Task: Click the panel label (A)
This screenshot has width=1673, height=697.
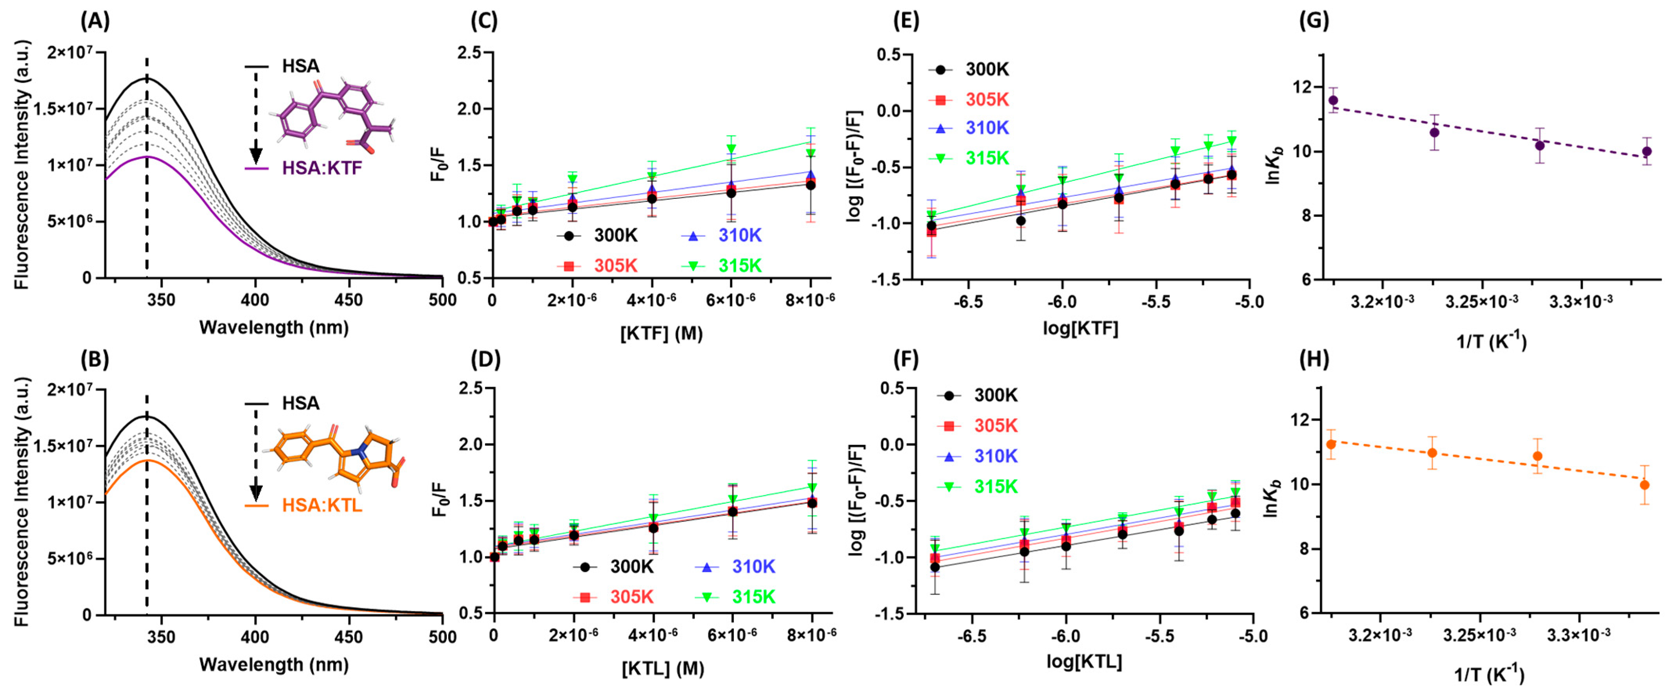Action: coord(95,22)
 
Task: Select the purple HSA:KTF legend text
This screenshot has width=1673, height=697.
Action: coord(322,168)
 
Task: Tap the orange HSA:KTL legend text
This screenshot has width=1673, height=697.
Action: coord(322,505)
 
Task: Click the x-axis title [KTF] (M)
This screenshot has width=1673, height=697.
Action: coord(661,333)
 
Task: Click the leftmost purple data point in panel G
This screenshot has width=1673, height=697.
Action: coord(1333,100)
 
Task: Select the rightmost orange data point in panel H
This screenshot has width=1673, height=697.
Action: coord(1644,484)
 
